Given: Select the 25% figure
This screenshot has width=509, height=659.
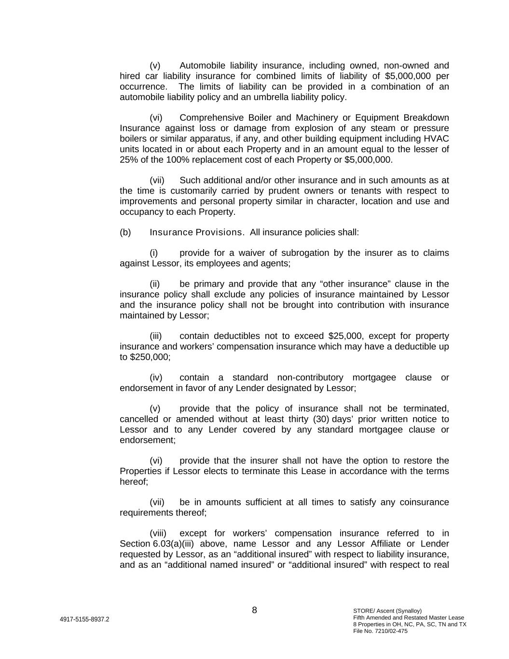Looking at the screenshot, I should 128,160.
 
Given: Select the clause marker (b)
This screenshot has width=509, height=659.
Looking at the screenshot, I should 125,232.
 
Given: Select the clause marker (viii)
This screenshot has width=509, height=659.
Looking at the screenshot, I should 158,533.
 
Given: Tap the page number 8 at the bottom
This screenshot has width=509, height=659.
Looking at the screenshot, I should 254,610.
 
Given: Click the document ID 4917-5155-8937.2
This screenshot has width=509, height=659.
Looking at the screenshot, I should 84,619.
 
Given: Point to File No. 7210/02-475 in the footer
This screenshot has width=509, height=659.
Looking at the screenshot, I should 380,631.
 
